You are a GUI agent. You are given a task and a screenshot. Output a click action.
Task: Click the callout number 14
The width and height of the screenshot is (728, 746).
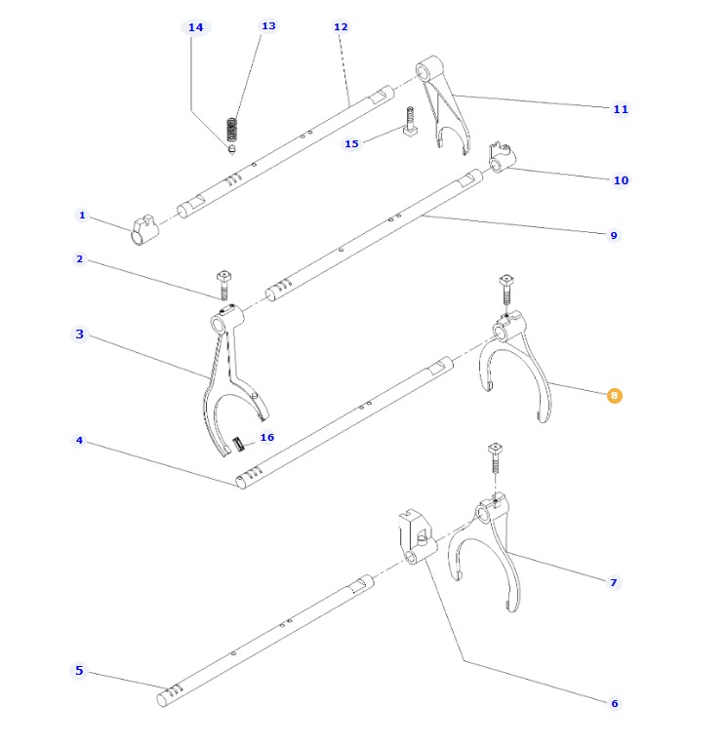tap(196, 27)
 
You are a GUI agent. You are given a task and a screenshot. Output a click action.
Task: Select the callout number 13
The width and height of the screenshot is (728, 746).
tap(268, 25)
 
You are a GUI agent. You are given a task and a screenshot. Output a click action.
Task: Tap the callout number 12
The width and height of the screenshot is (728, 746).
tap(341, 27)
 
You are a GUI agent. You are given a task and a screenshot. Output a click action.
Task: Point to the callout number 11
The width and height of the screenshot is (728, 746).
tap(621, 109)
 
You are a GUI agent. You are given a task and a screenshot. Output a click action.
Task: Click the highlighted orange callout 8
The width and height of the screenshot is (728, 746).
tap(614, 395)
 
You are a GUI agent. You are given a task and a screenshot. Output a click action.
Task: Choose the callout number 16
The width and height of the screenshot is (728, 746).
tap(266, 438)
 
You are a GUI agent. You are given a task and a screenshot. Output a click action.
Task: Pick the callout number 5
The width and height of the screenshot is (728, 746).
tap(80, 671)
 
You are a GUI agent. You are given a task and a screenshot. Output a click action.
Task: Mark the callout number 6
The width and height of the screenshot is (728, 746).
tap(614, 703)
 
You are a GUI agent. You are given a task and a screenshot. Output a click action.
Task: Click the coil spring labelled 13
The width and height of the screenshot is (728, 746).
tap(232, 128)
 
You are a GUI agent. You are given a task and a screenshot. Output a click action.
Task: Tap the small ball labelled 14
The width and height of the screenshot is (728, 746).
tap(231, 149)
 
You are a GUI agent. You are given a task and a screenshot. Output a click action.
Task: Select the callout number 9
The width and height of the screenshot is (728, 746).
tap(614, 235)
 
